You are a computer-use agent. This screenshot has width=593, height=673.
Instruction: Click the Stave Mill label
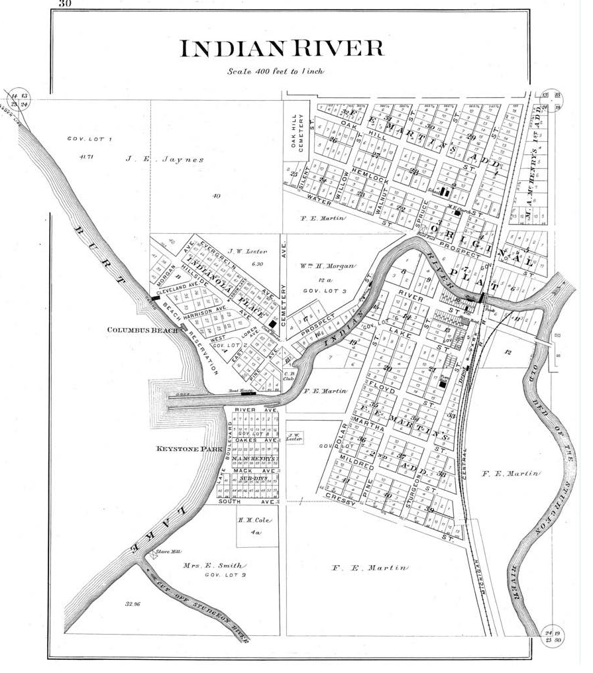(164, 550)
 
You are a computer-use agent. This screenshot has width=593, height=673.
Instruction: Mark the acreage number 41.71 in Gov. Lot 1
(83, 156)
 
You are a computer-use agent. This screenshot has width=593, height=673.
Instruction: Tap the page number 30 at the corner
(64, 3)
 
